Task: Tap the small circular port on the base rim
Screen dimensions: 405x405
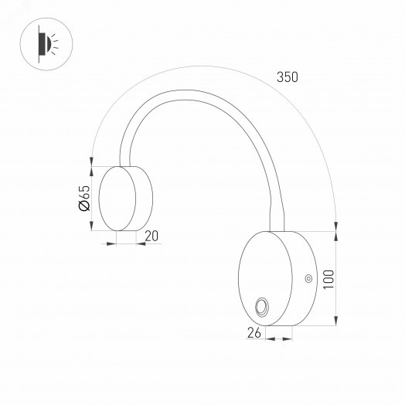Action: point(308,278)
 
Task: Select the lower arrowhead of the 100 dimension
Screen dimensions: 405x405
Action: point(337,322)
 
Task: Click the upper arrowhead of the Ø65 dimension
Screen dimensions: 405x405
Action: point(92,170)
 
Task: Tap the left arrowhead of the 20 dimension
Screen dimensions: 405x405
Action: point(114,243)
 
